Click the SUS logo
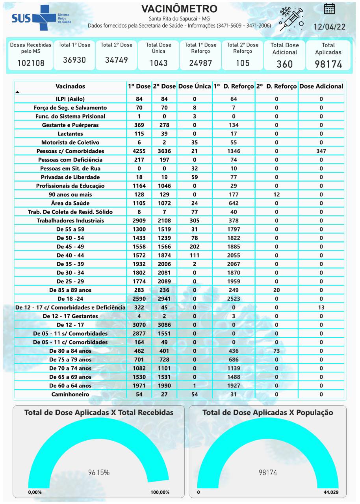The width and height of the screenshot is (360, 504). click(x=35, y=18)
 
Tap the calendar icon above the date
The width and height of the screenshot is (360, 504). click(x=329, y=9)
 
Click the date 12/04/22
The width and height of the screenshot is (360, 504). click(x=329, y=27)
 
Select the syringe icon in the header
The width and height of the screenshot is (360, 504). click(x=291, y=19)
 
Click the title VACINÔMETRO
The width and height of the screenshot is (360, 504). click(x=179, y=9)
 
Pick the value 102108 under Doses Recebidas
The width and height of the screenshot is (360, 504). click(x=31, y=63)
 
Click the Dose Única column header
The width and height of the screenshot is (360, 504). click(x=195, y=86)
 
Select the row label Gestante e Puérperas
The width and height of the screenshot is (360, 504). click(x=70, y=125)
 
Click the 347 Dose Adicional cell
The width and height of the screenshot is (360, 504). click(x=321, y=151)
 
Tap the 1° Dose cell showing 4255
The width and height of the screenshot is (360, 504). click(x=139, y=151)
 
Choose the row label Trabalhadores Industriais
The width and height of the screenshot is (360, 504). click(x=70, y=220)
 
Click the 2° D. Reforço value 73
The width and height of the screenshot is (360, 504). click(x=276, y=351)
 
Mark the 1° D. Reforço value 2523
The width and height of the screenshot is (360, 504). click(x=234, y=298)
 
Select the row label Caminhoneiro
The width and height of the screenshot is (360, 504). click(x=70, y=394)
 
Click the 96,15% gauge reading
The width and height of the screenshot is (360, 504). click(x=98, y=472)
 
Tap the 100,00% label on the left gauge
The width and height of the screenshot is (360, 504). click(x=160, y=492)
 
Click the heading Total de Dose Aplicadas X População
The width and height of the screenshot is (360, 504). click(x=267, y=413)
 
